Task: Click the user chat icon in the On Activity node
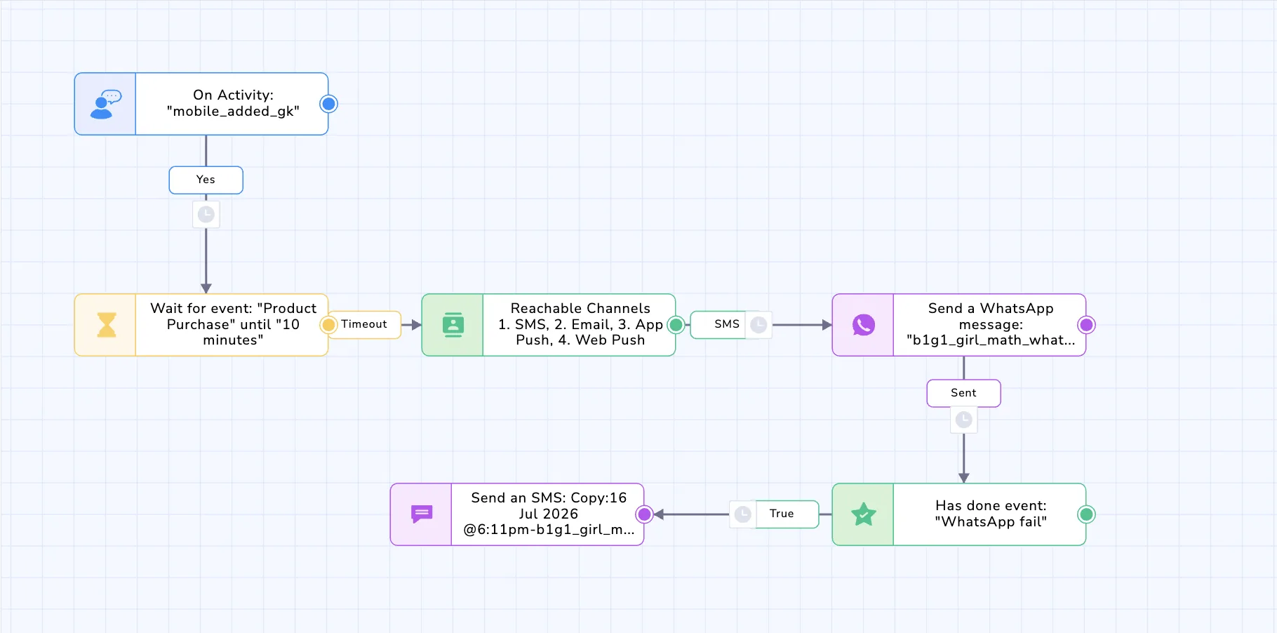click(x=105, y=104)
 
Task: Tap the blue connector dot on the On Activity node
click(x=328, y=104)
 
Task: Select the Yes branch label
click(x=206, y=180)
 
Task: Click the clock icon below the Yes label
click(x=206, y=214)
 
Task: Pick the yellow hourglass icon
click(x=106, y=325)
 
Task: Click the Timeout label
click(x=364, y=324)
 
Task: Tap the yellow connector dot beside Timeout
click(x=328, y=325)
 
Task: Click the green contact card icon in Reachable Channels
click(x=453, y=325)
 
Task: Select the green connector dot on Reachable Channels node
click(x=676, y=325)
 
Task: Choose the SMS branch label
click(x=727, y=324)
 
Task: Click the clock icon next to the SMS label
click(x=758, y=325)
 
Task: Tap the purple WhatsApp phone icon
click(x=863, y=325)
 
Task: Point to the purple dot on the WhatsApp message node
click(x=1086, y=325)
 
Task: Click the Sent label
click(x=963, y=393)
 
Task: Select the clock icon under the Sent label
click(x=963, y=420)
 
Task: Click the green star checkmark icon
click(x=863, y=514)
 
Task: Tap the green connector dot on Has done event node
click(x=1086, y=514)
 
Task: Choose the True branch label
click(x=782, y=514)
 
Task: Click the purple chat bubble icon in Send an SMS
click(x=421, y=514)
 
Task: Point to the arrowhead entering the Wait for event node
click(x=206, y=288)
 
